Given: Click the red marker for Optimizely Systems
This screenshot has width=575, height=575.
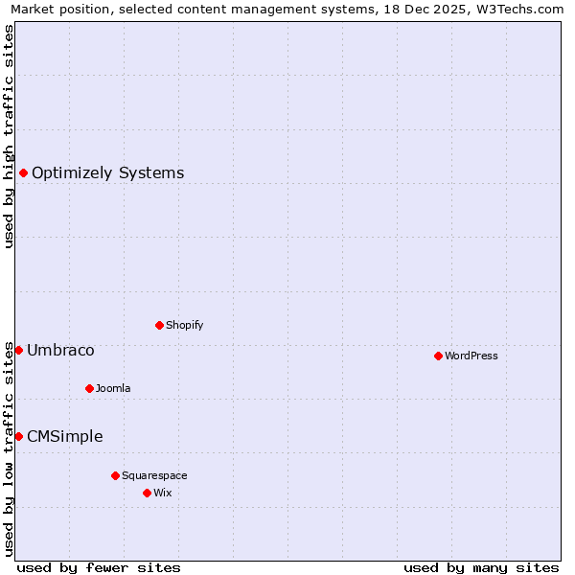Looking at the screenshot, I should pyautogui.click(x=23, y=172).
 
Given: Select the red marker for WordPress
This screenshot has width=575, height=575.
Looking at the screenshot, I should pyautogui.click(x=438, y=356).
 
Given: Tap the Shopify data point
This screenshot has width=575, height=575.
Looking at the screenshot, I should pyautogui.click(x=159, y=325).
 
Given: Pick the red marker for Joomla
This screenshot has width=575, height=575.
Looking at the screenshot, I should pyautogui.click(x=89, y=388).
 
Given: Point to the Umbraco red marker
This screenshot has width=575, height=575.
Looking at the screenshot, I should pyautogui.click(x=18, y=350).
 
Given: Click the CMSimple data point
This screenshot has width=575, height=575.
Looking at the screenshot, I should pyautogui.click(x=18, y=436).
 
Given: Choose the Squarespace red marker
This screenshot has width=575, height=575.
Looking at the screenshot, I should pyautogui.click(x=115, y=475).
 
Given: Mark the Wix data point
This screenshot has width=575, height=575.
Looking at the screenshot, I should pyautogui.click(x=147, y=493).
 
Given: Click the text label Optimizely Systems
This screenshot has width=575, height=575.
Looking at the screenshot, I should pyautogui.click(x=107, y=173).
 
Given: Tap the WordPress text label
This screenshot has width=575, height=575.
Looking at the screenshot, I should pyautogui.click(x=471, y=356).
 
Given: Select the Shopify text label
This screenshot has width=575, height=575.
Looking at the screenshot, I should pyautogui.click(x=184, y=325).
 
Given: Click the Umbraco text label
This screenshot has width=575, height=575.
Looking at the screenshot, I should pyautogui.click(x=60, y=351).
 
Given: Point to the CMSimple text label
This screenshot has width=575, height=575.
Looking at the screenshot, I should pyautogui.click(x=64, y=437).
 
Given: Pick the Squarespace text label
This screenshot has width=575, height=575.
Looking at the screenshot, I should pyautogui.click(x=154, y=475).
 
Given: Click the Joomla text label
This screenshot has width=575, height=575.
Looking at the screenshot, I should pyautogui.click(x=113, y=388).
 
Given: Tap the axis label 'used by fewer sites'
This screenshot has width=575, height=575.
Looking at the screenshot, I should pyautogui.click(x=99, y=567).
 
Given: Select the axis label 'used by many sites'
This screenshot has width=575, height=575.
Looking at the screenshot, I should pyautogui.click(x=481, y=567).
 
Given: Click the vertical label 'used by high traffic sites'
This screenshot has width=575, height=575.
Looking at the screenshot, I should pyautogui.click(x=9, y=136).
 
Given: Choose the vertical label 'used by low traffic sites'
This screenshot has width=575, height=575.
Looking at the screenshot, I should pyautogui.click(x=9, y=448).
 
